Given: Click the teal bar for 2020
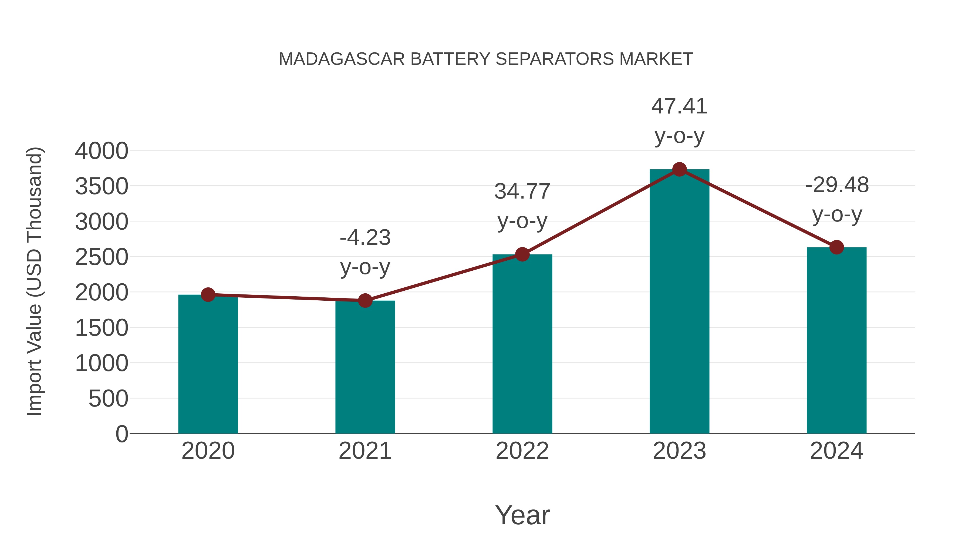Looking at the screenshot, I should [x=208, y=364].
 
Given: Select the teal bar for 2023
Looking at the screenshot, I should [x=679, y=302].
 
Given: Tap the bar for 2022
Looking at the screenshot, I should [x=522, y=344].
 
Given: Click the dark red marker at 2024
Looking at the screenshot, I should [x=836, y=247].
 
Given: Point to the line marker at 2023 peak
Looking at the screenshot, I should [x=679, y=169].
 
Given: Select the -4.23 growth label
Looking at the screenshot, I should [x=365, y=238].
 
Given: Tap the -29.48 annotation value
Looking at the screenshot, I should [x=837, y=185].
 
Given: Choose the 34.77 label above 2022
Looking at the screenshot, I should [x=522, y=192].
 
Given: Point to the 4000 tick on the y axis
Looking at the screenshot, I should [x=102, y=151].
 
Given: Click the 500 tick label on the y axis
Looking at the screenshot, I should [x=108, y=399].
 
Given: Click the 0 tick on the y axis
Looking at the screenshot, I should [x=122, y=434].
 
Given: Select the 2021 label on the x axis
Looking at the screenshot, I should [x=365, y=451].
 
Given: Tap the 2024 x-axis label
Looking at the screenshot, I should [x=836, y=451].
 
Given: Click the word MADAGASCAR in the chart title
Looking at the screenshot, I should [x=342, y=59].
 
